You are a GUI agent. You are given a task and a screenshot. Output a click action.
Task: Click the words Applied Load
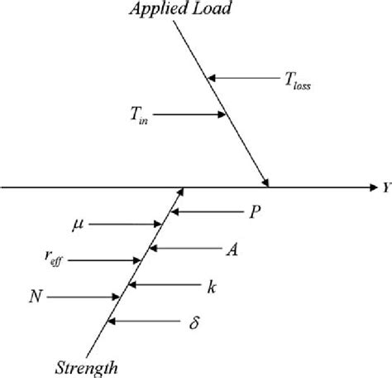181,11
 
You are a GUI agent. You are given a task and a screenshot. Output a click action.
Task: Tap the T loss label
295,80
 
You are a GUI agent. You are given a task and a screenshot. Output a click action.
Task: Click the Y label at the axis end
386,188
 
